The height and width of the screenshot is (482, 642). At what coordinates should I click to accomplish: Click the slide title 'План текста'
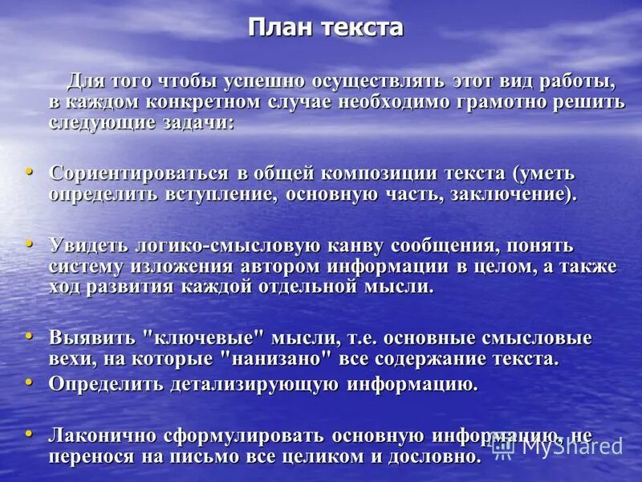[325, 28]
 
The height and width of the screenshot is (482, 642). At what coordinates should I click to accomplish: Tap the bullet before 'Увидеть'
[30, 242]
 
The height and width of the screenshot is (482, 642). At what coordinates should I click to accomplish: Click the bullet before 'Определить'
[30, 381]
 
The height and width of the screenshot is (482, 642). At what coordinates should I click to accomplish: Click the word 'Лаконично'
[104, 436]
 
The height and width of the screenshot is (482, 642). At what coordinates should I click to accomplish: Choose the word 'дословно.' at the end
[434, 457]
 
